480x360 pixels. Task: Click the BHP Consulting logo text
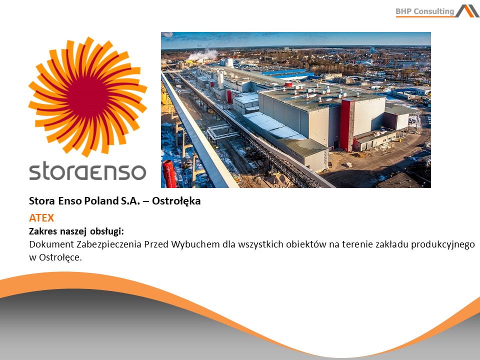[x=424, y=11]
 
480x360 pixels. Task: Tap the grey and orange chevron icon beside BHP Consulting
[x=467, y=11]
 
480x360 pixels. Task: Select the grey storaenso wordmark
[x=87, y=171]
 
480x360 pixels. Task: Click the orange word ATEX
[x=41, y=218]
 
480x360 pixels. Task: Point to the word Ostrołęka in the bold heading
[x=176, y=201]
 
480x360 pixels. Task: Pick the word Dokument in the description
[x=51, y=244]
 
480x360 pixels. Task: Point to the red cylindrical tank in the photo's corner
[x=169, y=174]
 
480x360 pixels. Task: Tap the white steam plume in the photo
[x=203, y=55]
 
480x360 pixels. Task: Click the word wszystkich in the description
[x=260, y=245]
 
